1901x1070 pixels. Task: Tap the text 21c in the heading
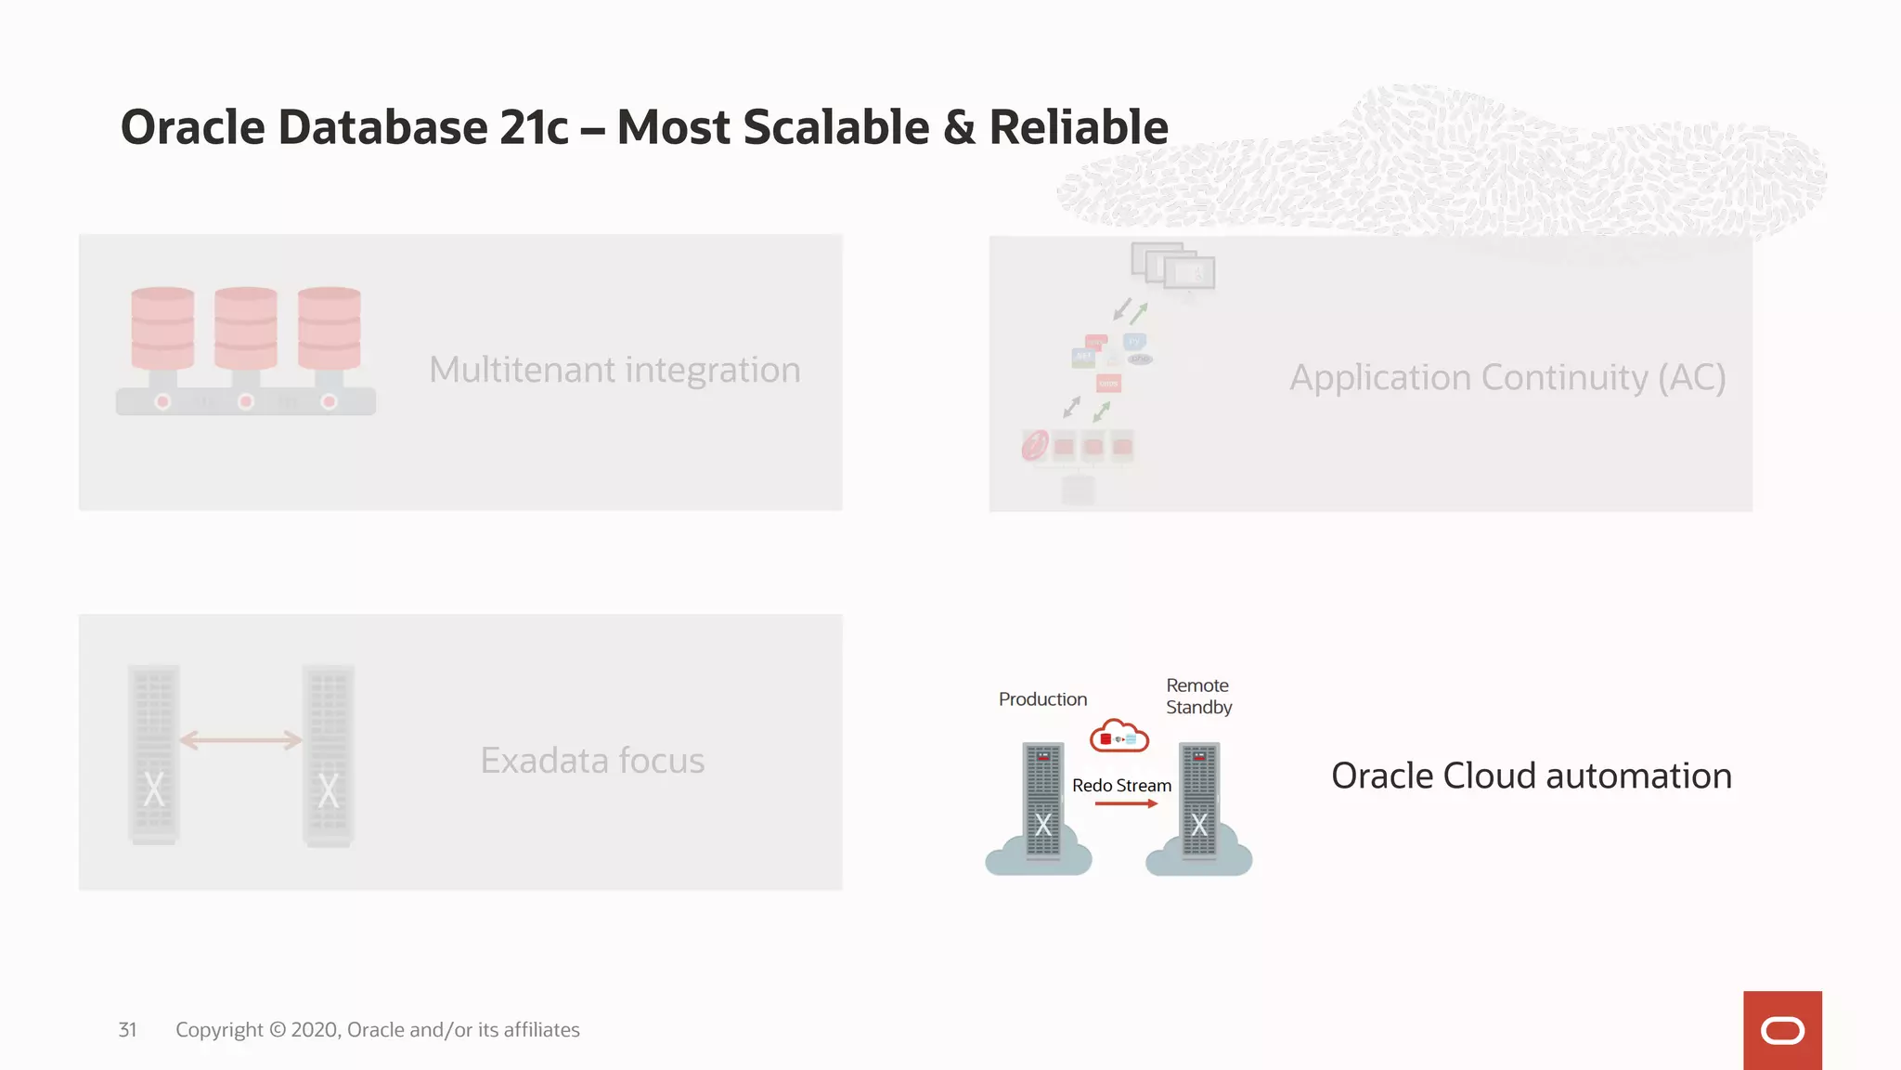coord(534,127)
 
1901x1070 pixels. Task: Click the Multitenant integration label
coord(614,370)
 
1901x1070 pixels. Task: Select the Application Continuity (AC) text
coord(1507,378)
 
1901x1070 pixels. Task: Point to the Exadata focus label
coord(592,761)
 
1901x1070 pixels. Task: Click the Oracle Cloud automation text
coord(1532,776)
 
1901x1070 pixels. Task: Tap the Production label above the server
coord(1042,699)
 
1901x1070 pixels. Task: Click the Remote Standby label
coord(1198,697)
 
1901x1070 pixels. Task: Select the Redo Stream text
coord(1121,786)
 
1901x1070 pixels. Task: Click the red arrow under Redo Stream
coord(1126,803)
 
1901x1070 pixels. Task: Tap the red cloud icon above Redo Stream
coord(1119,737)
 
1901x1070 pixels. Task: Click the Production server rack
coord(1042,799)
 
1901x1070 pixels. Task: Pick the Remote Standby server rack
coord(1198,799)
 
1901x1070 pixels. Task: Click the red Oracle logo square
coord(1781,1030)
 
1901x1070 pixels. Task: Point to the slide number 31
coord(127,1030)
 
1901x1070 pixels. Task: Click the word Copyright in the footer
coord(219,1030)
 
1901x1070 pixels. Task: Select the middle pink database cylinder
coord(246,328)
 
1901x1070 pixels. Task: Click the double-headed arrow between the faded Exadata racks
coord(240,740)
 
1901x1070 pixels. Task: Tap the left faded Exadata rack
coord(154,754)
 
